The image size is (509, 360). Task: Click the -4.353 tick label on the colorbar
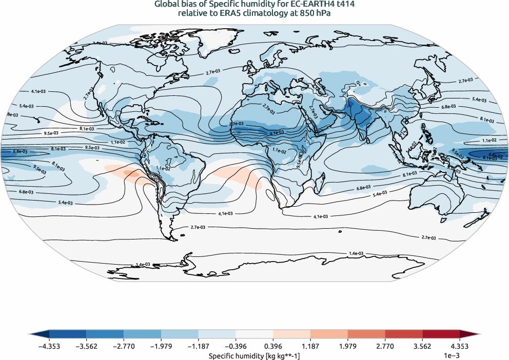pyautogui.click(x=49, y=346)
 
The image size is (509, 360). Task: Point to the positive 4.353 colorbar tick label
pyautogui.click(x=460, y=346)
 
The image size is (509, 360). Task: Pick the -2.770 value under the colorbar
pyautogui.click(x=124, y=346)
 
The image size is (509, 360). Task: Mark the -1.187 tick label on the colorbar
pyautogui.click(x=198, y=346)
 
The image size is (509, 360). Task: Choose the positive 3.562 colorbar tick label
pyautogui.click(x=422, y=346)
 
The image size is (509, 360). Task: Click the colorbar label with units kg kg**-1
pyautogui.click(x=254, y=355)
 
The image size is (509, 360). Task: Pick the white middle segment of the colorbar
pyautogui.click(x=254, y=334)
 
